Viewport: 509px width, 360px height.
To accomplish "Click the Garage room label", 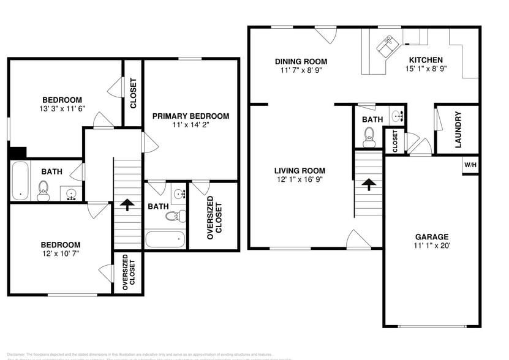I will pos(432,236).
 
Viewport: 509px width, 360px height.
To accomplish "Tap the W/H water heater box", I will pos(470,165).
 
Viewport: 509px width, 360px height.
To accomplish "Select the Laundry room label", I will pos(458,129).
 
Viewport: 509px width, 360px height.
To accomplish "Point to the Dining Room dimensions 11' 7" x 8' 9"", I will pos(300,70).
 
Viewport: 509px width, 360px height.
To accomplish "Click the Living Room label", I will pos(299,171).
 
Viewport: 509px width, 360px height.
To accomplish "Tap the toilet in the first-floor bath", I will pos(369,135).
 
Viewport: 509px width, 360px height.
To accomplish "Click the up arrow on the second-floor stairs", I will pos(127,204).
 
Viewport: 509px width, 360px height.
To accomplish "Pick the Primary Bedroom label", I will pos(190,116).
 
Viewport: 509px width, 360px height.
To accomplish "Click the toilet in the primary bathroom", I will pos(178,215).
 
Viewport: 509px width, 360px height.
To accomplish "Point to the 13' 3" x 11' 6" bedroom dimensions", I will pos(62,108).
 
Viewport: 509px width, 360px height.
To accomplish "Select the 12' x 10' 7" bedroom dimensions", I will pos(61,253).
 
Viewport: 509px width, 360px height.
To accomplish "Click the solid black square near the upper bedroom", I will pos(18,152).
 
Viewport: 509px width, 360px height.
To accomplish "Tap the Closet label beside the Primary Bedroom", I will pos(133,93).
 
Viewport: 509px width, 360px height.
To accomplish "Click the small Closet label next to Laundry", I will pos(395,141).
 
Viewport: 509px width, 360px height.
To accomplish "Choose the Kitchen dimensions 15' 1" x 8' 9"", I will pos(426,69).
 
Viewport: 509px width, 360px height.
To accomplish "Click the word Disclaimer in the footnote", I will pos(17,354).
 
